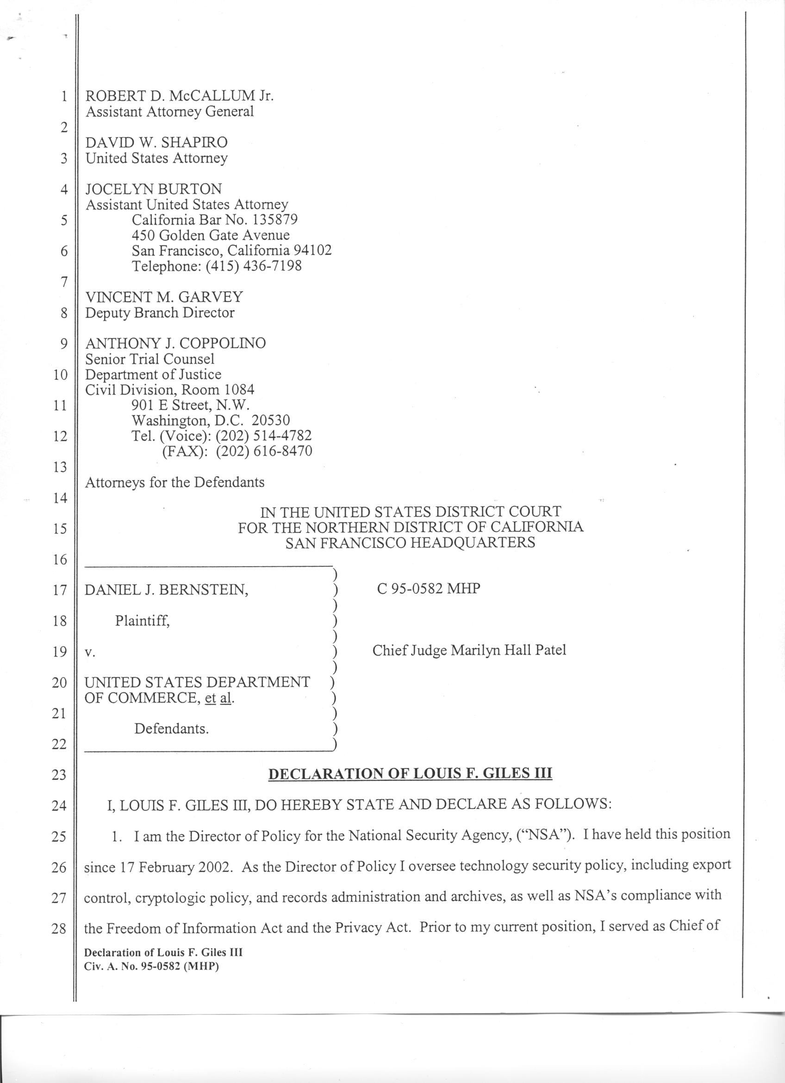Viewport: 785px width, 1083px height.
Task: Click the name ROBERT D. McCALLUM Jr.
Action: point(179,96)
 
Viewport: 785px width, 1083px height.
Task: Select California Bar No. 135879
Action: point(215,219)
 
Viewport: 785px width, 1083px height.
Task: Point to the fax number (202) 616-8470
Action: point(264,451)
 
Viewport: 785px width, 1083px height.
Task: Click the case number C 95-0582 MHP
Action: point(428,588)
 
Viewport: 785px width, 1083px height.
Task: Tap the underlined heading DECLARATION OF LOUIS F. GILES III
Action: point(410,774)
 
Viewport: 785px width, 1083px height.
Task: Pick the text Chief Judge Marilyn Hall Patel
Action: point(469,651)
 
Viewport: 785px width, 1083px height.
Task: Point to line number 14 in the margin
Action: point(59,498)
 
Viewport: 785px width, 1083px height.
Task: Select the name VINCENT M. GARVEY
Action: point(164,297)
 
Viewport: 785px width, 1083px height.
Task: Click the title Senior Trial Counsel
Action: point(150,359)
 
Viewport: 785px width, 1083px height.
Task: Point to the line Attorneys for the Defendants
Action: point(174,482)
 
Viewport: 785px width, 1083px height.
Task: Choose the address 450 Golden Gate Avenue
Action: point(211,235)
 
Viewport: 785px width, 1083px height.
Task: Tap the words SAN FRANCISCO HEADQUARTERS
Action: point(410,543)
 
